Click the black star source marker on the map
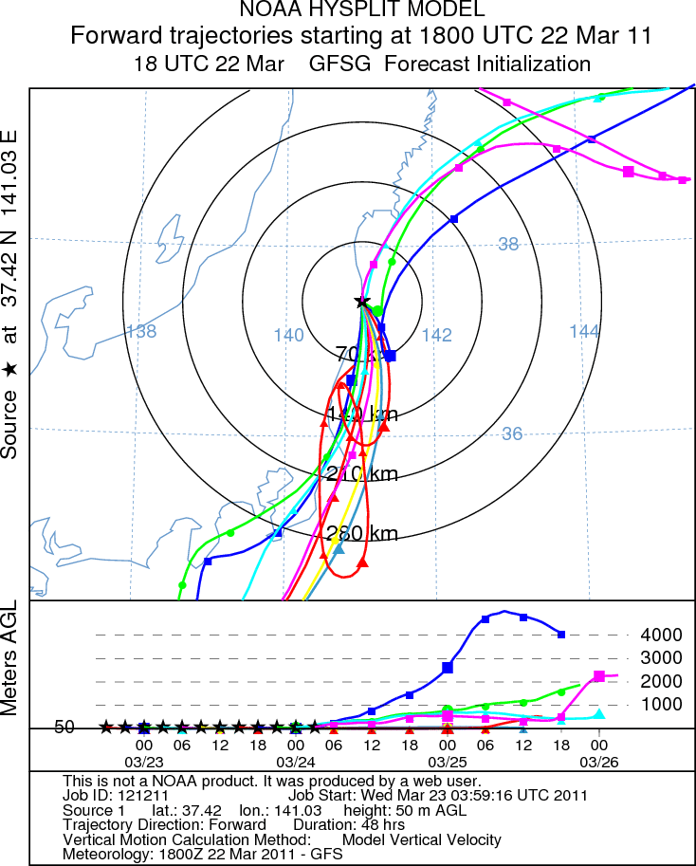362,302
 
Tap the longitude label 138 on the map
140,331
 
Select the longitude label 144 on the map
584,330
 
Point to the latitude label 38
509,244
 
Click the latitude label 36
511,433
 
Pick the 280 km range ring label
361,533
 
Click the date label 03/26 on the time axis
598,762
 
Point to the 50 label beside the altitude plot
64,728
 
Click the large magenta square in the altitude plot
599,676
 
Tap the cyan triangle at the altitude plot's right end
598,713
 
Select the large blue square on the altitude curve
448,668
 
